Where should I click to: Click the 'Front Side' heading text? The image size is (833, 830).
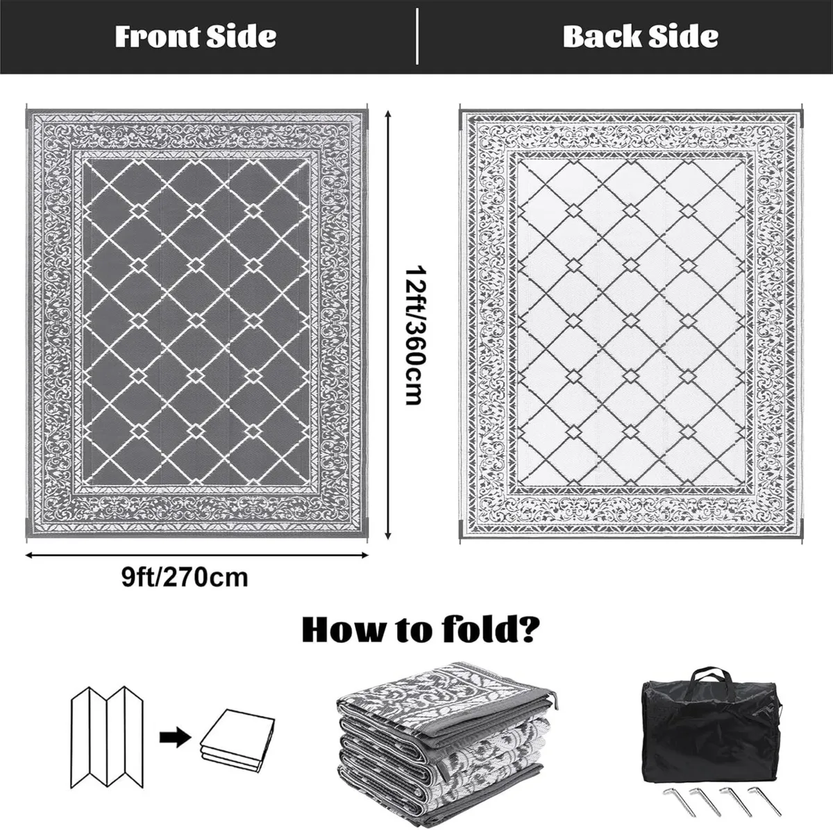pos(195,36)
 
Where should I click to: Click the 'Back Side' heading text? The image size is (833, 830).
pos(640,36)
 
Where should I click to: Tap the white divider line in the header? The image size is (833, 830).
pos(417,36)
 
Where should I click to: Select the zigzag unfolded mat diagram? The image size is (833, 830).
pos(108,735)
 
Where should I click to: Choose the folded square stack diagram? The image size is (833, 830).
pos(233,740)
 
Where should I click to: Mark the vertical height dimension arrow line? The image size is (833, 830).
pos(387,323)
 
